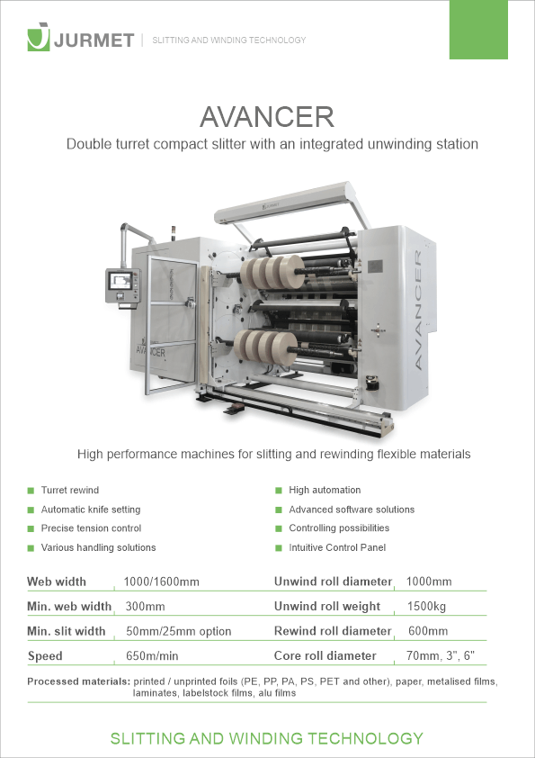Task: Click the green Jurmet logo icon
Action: (x=39, y=36)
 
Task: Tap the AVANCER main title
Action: (x=267, y=117)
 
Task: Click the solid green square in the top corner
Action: (x=478, y=30)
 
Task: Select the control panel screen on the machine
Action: (x=120, y=280)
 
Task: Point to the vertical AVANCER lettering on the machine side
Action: (x=418, y=310)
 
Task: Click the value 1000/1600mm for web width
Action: (x=161, y=582)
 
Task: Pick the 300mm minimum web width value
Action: (x=145, y=606)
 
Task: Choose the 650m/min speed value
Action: (x=152, y=656)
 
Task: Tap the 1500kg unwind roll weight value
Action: (x=426, y=606)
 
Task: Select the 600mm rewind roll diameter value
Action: (x=428, y=631)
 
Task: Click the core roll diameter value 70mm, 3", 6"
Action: (x=441, y=655)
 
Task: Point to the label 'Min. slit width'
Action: (x=67, y=631)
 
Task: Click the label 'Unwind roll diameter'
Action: (x=334, y=582)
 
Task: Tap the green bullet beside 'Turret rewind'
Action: (x=31, y=491)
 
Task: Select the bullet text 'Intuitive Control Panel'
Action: (x=337, y=547)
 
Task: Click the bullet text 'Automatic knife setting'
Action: (x=91, y=510)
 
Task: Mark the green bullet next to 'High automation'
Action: (x=279, y=491)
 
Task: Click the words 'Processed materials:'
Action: (x=79, y=681)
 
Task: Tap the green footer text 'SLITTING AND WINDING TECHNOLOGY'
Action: (x=267, y=738)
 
